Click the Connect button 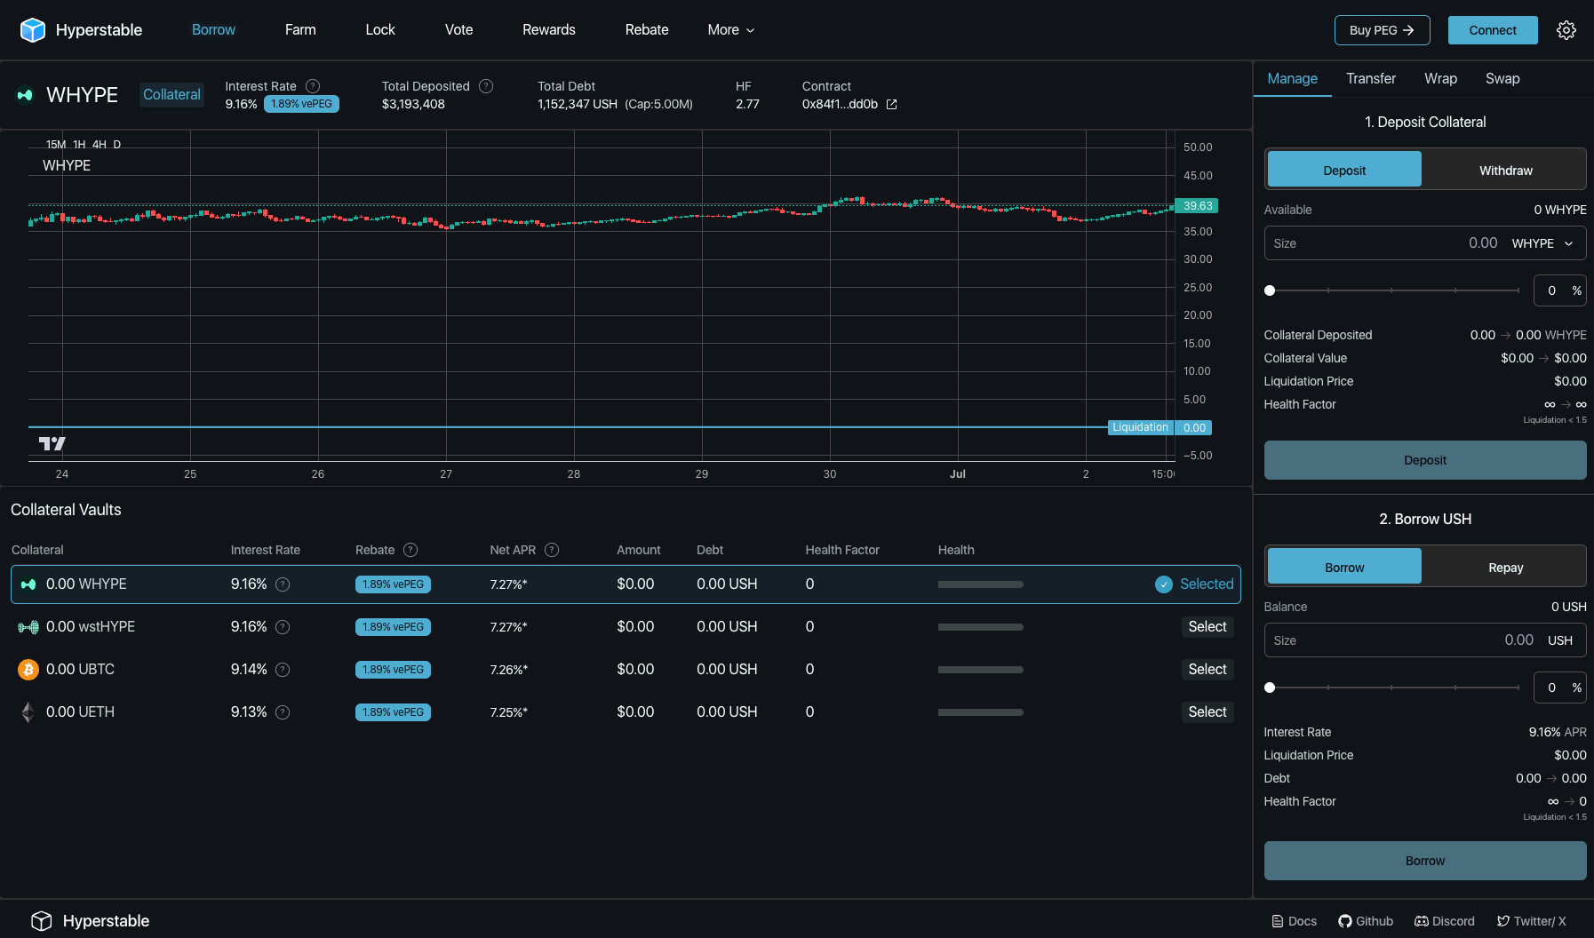click(1492, 30)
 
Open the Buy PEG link click(1381, 30)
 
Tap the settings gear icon click(1566, 30)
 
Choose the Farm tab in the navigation click(300, 30)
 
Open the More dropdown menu click(730, 30)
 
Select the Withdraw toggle click(1505, 171)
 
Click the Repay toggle click(1505, 568)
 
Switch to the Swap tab click(1502, 79)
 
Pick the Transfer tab click(1370, 79)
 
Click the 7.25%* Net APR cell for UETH click(508, 712)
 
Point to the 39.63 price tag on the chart click(1197, 206)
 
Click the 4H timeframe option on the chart click(99, 145)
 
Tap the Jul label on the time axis click(957, 474)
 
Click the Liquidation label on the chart click(1140, 427)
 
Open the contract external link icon click(891, 105)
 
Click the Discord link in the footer click(1445, 921)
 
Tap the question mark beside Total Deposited click(486, 86)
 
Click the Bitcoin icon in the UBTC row click(28, 670)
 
